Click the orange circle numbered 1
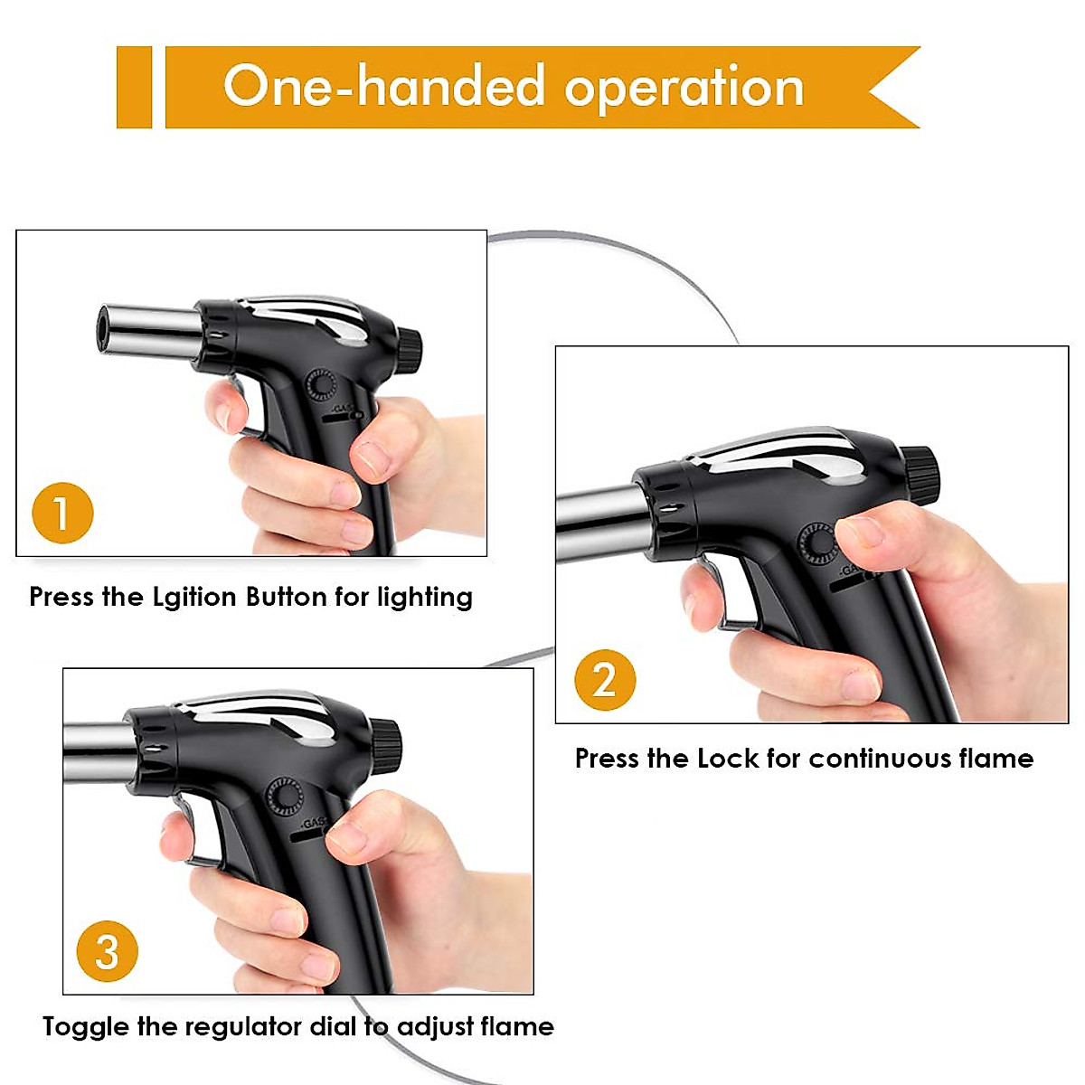[62, 513]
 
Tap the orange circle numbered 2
[605, 679]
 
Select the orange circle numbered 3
[107, 951]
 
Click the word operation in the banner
[684, 88]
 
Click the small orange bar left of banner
[134, 87]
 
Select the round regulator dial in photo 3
[285, 797]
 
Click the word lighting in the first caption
[425, 598]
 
